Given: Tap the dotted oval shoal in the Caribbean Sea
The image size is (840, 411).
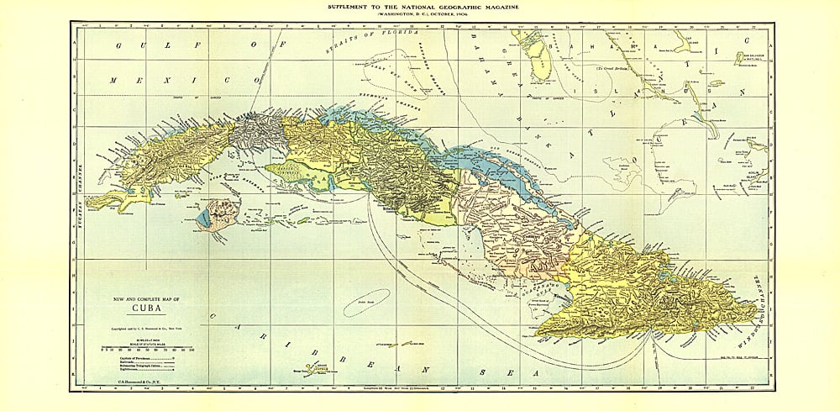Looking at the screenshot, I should coord(366,301).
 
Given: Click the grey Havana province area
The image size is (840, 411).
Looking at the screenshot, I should coord(257,134).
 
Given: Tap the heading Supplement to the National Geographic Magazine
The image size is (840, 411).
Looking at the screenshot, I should coord(420,7).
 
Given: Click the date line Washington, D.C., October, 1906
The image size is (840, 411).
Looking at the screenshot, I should coord(420,15).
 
